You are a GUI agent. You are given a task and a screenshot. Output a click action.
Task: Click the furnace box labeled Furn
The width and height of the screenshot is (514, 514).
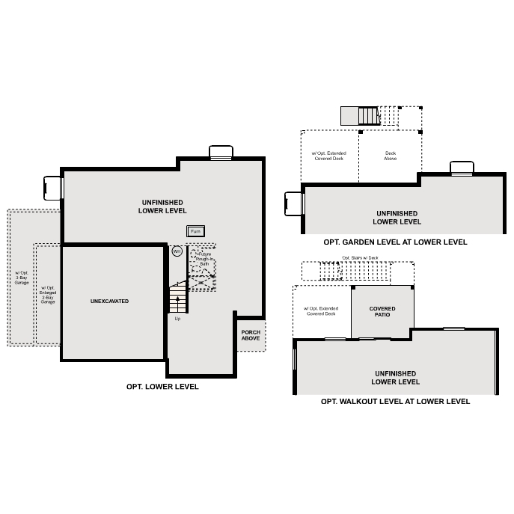coord(195,232)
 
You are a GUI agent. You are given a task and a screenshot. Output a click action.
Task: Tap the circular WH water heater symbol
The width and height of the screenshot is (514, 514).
coord(177,251)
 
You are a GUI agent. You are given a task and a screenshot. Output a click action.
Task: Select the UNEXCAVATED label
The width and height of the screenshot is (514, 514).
coord(110,301)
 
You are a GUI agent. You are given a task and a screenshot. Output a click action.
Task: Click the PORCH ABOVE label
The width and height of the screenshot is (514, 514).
coord(251,335)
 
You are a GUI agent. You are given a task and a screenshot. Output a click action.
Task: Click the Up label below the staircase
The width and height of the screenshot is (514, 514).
coord(177,319)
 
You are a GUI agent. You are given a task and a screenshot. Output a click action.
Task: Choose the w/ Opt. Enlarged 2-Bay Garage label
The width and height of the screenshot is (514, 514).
coord(48,295)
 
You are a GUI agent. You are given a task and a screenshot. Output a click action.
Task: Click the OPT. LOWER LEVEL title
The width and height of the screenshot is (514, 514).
coord(162,387)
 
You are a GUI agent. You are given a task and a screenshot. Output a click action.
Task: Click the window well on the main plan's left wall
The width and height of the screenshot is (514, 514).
coord(52,188)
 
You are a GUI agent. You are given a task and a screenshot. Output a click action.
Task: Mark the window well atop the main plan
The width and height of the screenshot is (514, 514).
coord(221,153)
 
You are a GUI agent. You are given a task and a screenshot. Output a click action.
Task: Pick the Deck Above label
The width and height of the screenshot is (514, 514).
coord(390,156)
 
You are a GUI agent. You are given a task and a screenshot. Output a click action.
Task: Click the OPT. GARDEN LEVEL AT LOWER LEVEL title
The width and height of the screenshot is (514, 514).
coord(395,242)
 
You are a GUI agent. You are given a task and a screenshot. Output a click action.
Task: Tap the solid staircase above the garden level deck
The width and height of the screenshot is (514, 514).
coord(361,116)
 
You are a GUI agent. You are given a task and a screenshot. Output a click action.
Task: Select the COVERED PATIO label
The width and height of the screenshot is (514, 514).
coord(382,312)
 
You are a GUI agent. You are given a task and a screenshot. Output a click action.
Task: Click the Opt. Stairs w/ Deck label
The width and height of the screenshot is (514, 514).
coord(360,258)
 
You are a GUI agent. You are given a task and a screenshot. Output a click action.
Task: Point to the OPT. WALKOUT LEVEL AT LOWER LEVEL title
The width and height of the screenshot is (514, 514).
coord(395,402)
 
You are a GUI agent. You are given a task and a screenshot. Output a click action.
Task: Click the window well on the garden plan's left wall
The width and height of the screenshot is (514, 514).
coord(294,203)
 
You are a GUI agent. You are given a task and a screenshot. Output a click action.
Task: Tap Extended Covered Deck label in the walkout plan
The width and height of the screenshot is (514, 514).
coord(321,311)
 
